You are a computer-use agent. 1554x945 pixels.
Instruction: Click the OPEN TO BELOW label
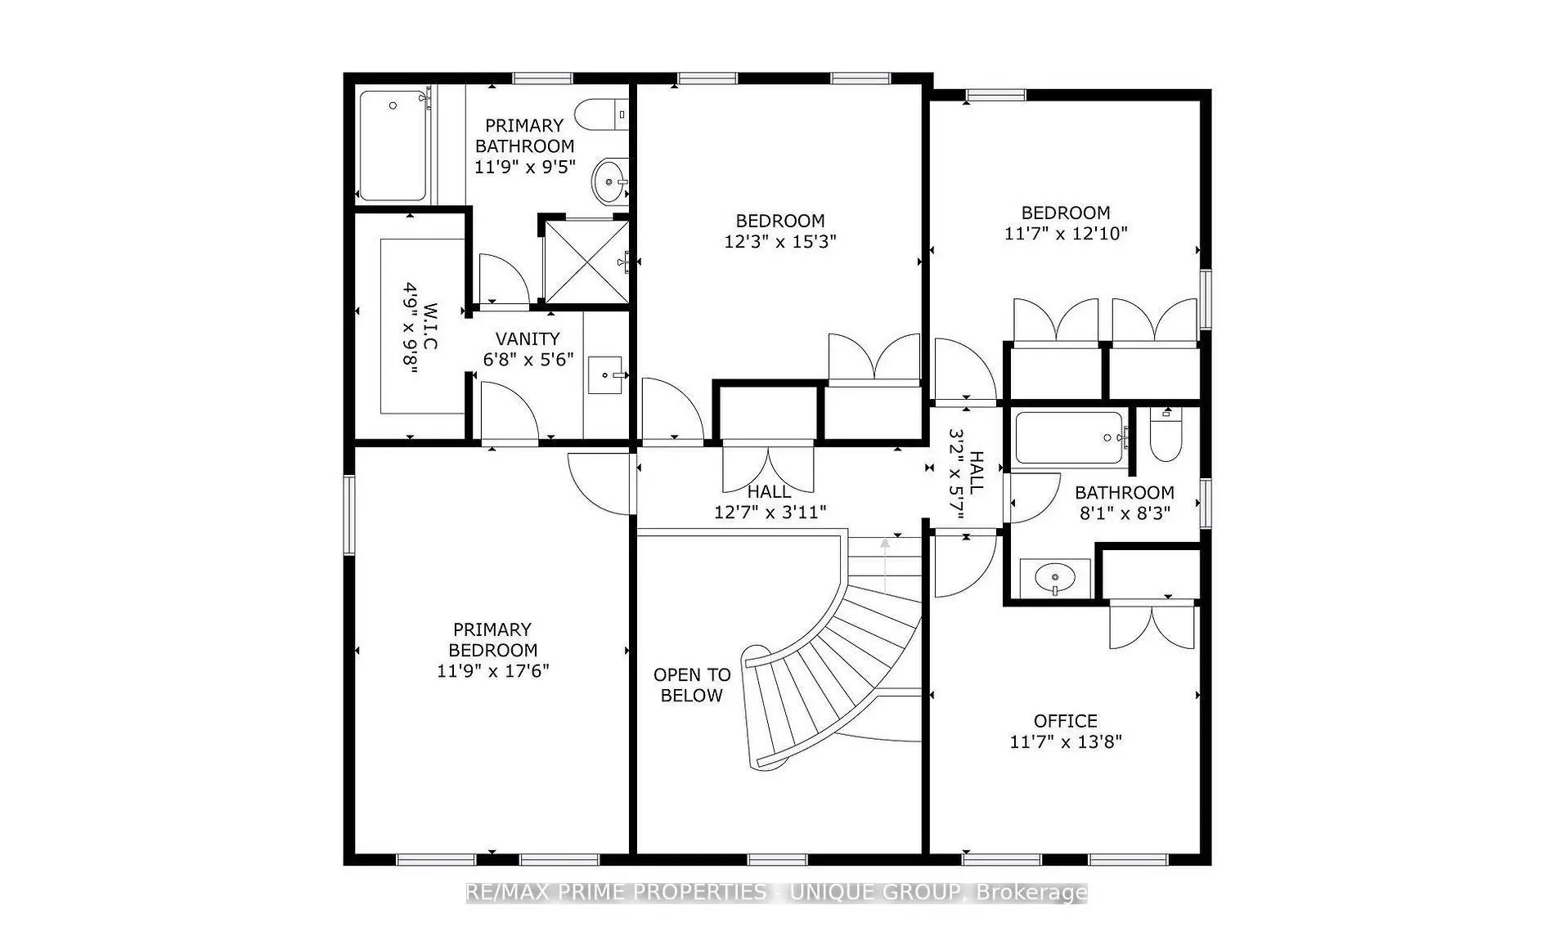coord(691,685)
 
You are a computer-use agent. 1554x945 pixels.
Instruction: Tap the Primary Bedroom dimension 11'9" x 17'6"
coord(492,671)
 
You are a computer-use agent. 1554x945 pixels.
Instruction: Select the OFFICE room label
coord(1065,721)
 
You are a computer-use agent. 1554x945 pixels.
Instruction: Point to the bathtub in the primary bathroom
coord(393,146)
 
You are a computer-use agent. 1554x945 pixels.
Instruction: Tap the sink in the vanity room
coord(605,375)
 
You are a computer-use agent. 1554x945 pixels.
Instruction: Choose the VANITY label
coord(528,338)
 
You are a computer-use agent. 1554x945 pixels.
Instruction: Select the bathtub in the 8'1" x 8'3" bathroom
coord(1069,437)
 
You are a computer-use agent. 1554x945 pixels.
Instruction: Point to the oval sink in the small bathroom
coord(1055,579)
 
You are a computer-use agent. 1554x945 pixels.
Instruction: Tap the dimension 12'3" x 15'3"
coord(779,242)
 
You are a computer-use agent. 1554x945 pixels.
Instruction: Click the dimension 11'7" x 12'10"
coord(1066,234)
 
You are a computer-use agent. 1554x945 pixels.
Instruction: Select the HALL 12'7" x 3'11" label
coord(770,502)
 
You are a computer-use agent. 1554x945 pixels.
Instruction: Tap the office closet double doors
coord(1152,626)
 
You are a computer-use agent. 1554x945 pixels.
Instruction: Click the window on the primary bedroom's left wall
coord(348,515)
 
